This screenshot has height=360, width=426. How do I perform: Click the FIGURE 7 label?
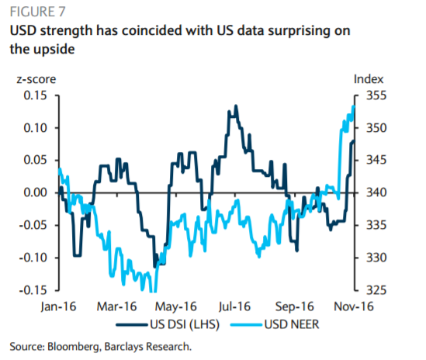tap(37, 12)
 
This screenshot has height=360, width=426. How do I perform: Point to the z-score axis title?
tap(36, 79)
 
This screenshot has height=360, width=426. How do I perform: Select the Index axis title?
tap(369, 79)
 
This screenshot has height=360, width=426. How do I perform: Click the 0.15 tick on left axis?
tap(36, 95)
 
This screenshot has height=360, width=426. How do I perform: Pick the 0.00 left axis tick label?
tap(36, 192)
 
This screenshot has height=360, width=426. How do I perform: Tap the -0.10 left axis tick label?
tap(33, 258)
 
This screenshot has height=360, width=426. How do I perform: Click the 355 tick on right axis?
tap(376, 95)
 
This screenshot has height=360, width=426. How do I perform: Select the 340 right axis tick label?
tap(376, 192)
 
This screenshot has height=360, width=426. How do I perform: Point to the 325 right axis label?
tap(376, 290)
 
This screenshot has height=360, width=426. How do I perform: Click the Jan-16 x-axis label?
tap(58, 306)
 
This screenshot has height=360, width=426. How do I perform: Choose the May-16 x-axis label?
tap(176, 306)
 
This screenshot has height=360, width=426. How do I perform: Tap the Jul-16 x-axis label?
tap(235, 306)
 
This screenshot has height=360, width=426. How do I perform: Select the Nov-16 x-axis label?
tap(354, 306)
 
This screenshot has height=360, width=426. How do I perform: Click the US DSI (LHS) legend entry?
tap(168, 324)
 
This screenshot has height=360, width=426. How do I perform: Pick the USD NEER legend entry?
tap(275, 324)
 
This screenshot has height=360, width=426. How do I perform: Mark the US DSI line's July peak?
tap(236, 106)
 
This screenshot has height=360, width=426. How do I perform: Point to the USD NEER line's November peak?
tap(354, 106)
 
